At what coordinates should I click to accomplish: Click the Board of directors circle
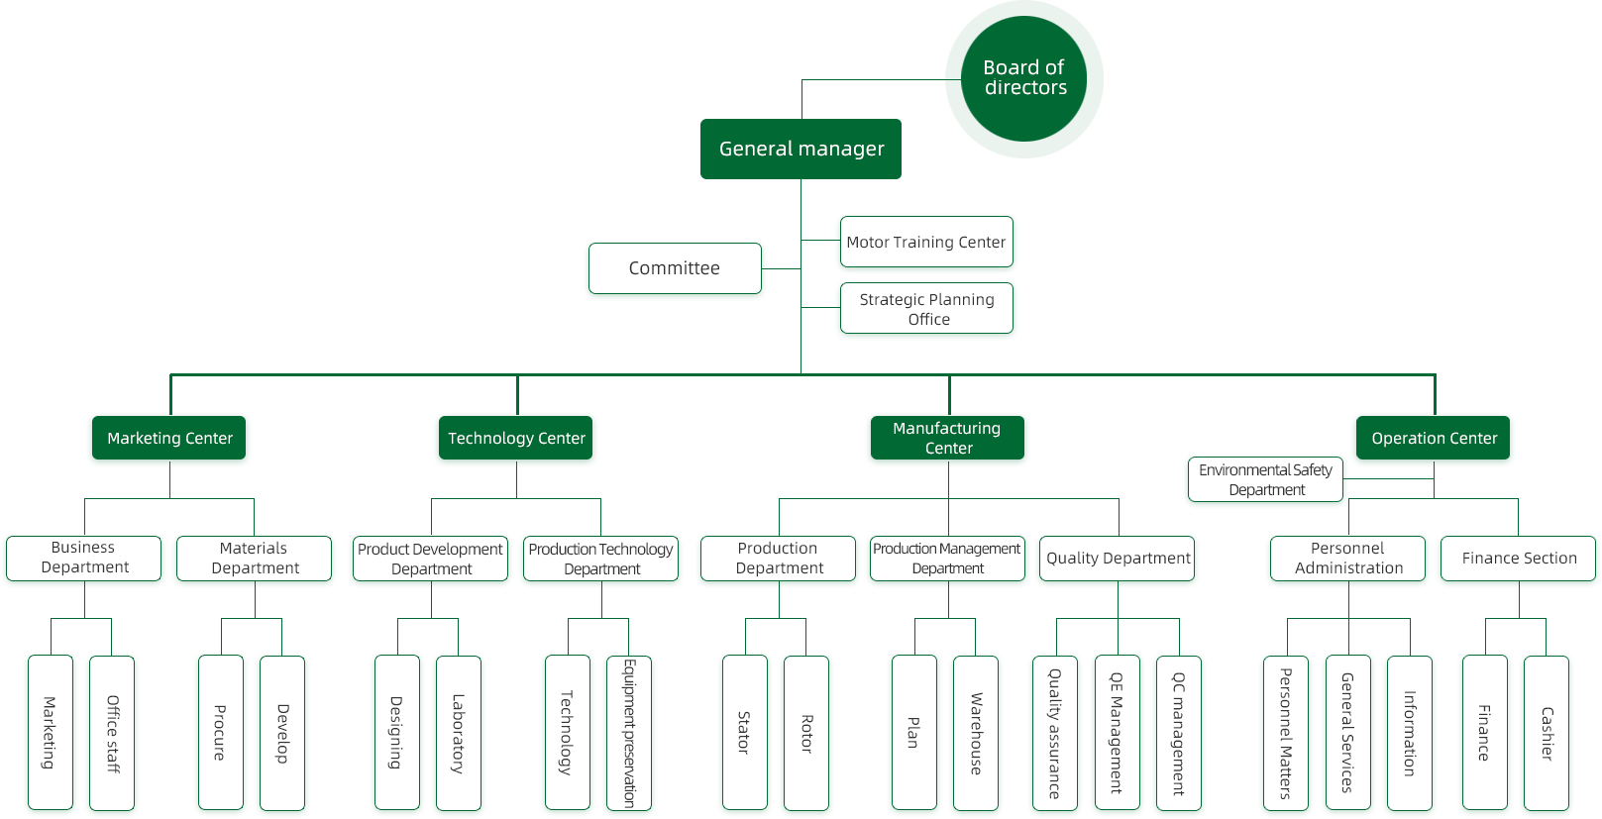pos(1023,78)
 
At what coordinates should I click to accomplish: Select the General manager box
pos(801,149)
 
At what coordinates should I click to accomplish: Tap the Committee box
pos(675,268)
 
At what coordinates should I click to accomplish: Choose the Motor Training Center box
pos(926,242)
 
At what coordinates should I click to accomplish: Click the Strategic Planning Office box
pos(926,308)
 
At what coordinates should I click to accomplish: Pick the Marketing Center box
pos(169,438)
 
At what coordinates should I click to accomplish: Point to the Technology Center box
pos(515,438)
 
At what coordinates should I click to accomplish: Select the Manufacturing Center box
pos(947,438)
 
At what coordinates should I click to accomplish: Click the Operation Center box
pos(1433,438)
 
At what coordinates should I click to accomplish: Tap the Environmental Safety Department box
pos(1265,479)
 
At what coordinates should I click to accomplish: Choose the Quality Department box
pos(1118,559)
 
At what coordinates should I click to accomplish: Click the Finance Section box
pos(1518,559)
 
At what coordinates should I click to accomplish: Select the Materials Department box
pos(254,559)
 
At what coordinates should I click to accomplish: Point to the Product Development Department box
pos(430,559)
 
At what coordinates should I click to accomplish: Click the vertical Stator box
pos(744,732)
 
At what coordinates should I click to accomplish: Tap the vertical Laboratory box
pos(458,732)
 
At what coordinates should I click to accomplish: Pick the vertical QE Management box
pos(1117,732)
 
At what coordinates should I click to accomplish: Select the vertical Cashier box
pos(1546,732)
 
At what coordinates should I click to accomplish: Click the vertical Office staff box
pos(112,732)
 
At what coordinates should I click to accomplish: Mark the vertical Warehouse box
pos(976,732)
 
